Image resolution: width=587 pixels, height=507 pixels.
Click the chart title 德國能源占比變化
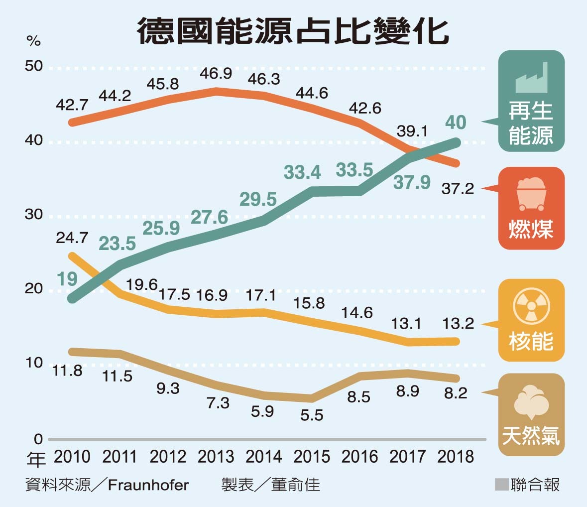(293, 31)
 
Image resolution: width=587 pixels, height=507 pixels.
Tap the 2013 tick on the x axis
(216, 456)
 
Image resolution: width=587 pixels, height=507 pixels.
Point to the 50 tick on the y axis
(34, 67)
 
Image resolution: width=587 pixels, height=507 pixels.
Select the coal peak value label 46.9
(216, 74)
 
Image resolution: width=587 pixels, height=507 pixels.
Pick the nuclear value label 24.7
(72, 238)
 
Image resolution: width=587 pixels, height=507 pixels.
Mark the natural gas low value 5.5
(312, 414)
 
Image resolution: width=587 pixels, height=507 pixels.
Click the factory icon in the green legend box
(531, 78)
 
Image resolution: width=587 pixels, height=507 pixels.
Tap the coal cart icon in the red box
(531, 193)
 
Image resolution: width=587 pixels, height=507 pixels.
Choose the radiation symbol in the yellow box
(531, 305)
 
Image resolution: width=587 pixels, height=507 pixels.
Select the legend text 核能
(531, 341)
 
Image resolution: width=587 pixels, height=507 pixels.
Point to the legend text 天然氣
(531, 436)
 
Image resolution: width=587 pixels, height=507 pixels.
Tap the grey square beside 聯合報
(501, 484)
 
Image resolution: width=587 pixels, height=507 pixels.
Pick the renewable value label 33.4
(303, 172)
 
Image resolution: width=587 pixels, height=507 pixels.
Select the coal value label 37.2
(458, 189)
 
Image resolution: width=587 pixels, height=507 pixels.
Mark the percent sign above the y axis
(34, 41)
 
